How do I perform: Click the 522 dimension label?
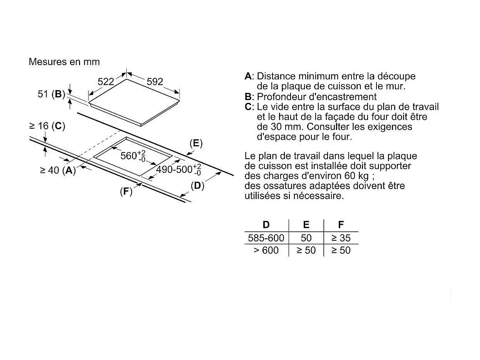(x=106, y=82)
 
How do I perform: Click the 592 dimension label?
(x=155, y=82)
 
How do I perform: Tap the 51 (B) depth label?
(x=52, y=94)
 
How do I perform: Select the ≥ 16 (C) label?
(x=47, y=126)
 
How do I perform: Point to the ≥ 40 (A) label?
(x=58, y=170)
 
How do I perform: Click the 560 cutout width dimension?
(x=133, y=156)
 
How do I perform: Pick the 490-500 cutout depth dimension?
(x=179, y=169)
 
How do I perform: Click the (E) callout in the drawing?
(x=196, y=143)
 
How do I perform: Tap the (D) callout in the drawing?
(x=197, y=186)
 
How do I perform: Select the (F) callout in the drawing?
(x=126, y=191)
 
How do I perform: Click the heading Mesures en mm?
(x=64, y=62)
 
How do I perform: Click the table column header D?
(x=266, y=224)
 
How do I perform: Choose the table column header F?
(x=341, y=224)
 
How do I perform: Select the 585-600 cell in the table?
(x=266, y=238)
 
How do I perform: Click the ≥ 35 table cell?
(x=341, y=238)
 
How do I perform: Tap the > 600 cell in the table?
(x=266, y=250)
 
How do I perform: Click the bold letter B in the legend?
(x=248, y=97)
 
